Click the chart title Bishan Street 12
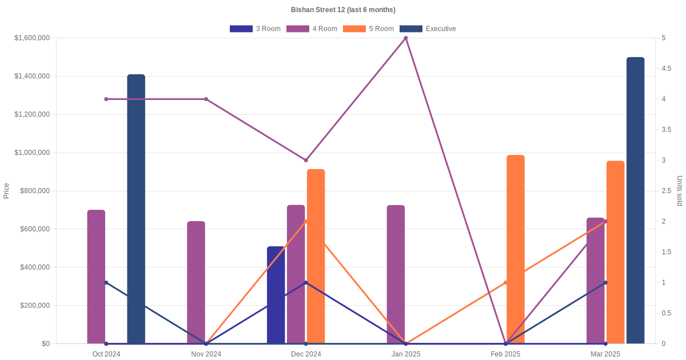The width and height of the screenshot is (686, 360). coord(343,10)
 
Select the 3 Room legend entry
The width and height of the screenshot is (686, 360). coord(255,29)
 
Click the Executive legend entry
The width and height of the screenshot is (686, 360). coord(427,29)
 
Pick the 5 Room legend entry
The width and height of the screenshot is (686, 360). coord(368,29)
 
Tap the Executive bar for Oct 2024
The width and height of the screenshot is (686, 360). coord(136,209)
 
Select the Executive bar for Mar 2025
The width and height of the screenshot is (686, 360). coord(635,200)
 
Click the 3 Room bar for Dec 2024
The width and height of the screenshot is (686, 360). coord(276,295)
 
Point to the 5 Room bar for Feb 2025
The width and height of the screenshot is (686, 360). coord(516,249)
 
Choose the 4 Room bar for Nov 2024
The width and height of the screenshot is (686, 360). coord(196,282)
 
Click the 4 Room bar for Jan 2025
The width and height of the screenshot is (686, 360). coord(396,274)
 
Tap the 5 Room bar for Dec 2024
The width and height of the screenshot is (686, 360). coord(316,256)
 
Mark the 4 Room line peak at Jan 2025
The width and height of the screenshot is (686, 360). coord(406,38)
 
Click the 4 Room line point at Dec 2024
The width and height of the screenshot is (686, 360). coord(306,160)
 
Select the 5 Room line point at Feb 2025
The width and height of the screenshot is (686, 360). coord(506,282)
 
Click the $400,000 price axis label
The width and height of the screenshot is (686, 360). coord(34,267)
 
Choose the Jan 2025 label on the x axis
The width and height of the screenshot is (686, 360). coord(406,354)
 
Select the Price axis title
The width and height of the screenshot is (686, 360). coord(6,190)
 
